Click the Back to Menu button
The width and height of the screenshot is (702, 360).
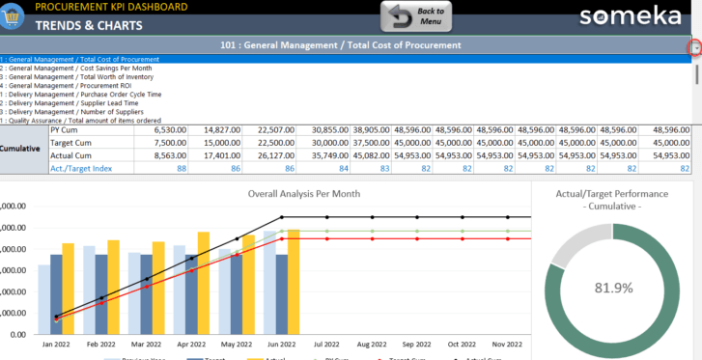pyautogui.click(x=416, y=16)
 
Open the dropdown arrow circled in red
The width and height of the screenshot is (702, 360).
pyautogui.click(x=694, y=47)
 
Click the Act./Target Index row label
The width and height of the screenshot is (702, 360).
pyautogui.click(x=83, y=168)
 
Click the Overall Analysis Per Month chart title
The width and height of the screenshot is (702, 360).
pyautogui.click(x=303, y=193)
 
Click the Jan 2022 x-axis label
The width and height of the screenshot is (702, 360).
pyautogui.click(x=55, y=344)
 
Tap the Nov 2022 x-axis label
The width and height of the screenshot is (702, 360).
pyautogui.click(x=508, y=344)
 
